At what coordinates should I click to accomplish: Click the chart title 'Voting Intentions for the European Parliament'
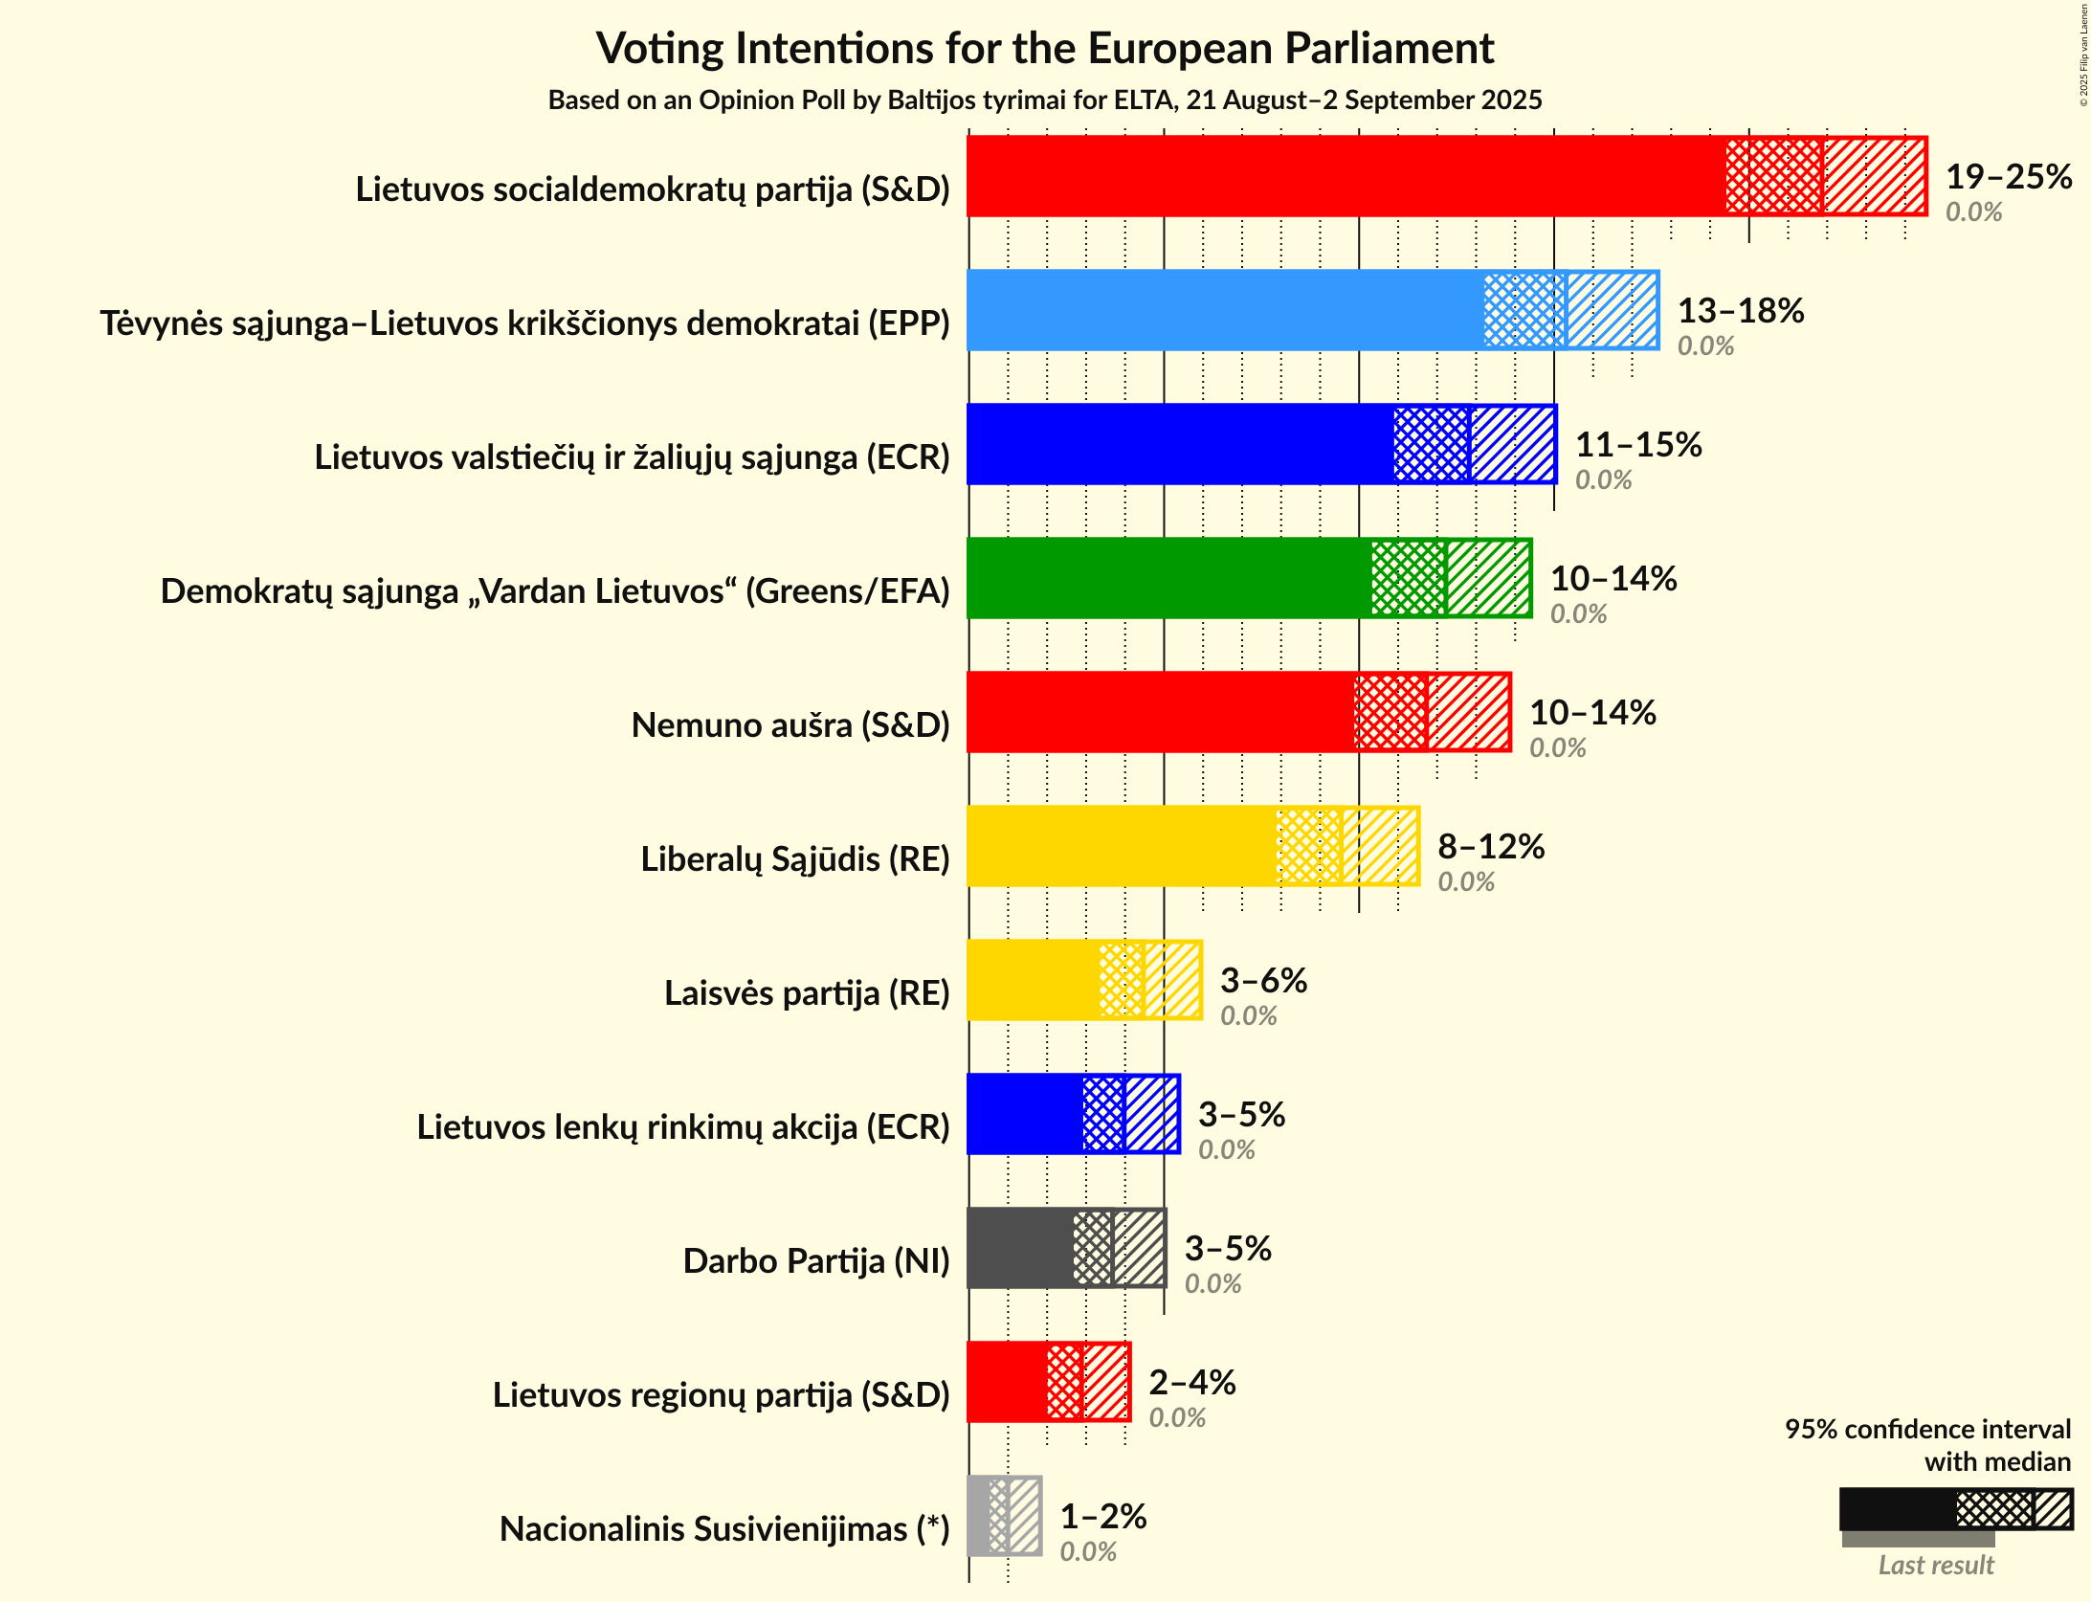[1044, 48]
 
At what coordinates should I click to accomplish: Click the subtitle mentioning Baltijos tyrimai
[1044, 100]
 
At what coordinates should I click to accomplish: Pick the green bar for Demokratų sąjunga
[1168, 578]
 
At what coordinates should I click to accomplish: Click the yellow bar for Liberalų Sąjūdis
[1120, 846]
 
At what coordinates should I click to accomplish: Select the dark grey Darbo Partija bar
[1020, 1248]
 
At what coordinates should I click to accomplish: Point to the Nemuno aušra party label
[790, 725]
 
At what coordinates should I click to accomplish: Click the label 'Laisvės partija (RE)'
[807, 993]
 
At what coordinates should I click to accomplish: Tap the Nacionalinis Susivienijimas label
[724, 1529]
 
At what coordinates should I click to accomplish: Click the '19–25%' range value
[2009, 177]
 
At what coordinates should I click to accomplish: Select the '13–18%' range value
[1741, 311]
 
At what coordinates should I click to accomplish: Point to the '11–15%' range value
[1638, 445]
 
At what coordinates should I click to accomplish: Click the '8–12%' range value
[1491, 847]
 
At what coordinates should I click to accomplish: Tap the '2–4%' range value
[1192, 1383]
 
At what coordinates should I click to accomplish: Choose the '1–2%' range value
[1103, 1517]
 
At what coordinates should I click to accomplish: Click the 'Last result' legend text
[1936, 1566]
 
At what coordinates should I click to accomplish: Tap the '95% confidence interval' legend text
[1927, 1430]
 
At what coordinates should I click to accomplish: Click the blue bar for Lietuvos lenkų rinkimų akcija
[1024, 1114]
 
